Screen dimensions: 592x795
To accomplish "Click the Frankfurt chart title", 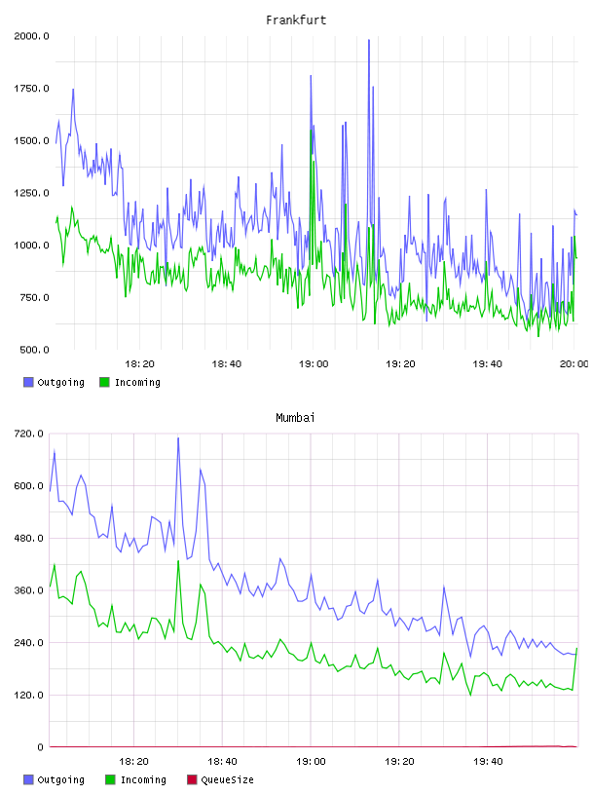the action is tap(296, 20).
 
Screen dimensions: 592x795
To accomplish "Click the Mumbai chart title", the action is tap(295, 418).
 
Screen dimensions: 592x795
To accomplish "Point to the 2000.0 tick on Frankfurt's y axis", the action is tap(31, 36).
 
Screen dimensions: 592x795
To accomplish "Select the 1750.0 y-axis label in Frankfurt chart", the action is tap(31, 89).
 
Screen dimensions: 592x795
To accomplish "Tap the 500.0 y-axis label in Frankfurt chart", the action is tap(34, 350).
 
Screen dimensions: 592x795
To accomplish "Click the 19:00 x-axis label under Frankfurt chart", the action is tap(314, 364).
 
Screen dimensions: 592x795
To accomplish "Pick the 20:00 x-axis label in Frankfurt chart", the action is tap(574, 364).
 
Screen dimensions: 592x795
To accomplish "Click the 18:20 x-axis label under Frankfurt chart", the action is tap(139, 364).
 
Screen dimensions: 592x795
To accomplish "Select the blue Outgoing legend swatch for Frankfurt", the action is tap(28, 382).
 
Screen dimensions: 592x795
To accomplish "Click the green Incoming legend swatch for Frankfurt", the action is tap(104, 382).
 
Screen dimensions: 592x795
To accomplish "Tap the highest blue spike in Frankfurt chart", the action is tap(369, 40).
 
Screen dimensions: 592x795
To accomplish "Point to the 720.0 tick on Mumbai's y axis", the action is tap(29, 434).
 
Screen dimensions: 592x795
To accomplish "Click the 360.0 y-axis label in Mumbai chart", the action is tap(29, 590).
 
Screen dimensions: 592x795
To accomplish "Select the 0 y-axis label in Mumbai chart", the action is tap(40, 747).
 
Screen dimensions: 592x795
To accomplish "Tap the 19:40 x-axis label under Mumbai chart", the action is tap(488, 762).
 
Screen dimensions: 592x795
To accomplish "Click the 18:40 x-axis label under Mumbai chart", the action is tap(222, 762).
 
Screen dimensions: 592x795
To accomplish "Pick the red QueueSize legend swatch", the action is tap(192, 779).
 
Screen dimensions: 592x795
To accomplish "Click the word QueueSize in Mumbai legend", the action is tap(227, 779).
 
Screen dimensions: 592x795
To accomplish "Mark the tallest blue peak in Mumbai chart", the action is tap(178, 438).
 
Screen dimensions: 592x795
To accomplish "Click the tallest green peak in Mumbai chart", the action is tap(178, 561).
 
